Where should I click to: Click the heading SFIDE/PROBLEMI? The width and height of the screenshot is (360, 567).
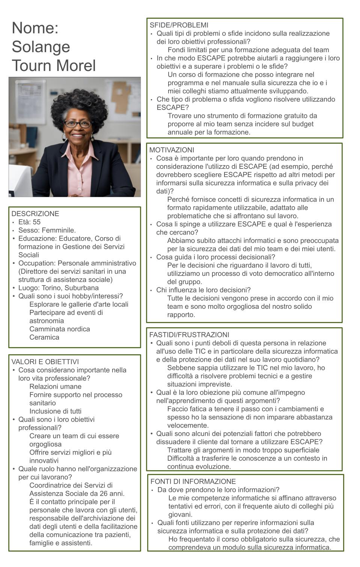coord(179,25)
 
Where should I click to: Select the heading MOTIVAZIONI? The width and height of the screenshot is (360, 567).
coord(172,150)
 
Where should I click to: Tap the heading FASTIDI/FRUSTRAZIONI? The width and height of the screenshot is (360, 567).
coord(189,335)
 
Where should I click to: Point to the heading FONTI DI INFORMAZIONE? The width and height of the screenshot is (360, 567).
coord(193,481)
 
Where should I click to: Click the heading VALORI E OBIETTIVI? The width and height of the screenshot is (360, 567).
coord(45,362)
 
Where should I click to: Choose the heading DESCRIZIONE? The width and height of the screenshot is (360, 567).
coord(35,214)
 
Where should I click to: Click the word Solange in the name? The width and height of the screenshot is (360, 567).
coord(41,47)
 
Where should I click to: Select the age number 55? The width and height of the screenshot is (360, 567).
coord(36,222)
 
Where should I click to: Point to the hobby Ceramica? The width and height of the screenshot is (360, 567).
coord(44,337)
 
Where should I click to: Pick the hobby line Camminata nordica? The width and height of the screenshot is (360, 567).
coord(60,329)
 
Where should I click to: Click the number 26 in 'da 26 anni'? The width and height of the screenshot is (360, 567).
coord(102,493)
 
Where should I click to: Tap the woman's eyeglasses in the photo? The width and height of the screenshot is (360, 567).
coord(77,124)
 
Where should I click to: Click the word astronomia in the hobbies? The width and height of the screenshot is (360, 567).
coord(47,321)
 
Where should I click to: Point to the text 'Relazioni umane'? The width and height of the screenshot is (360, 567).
coord(55,387)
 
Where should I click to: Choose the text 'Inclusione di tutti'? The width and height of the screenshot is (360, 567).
coord(55,411)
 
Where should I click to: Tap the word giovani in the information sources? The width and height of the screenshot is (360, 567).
coord(180,514)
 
